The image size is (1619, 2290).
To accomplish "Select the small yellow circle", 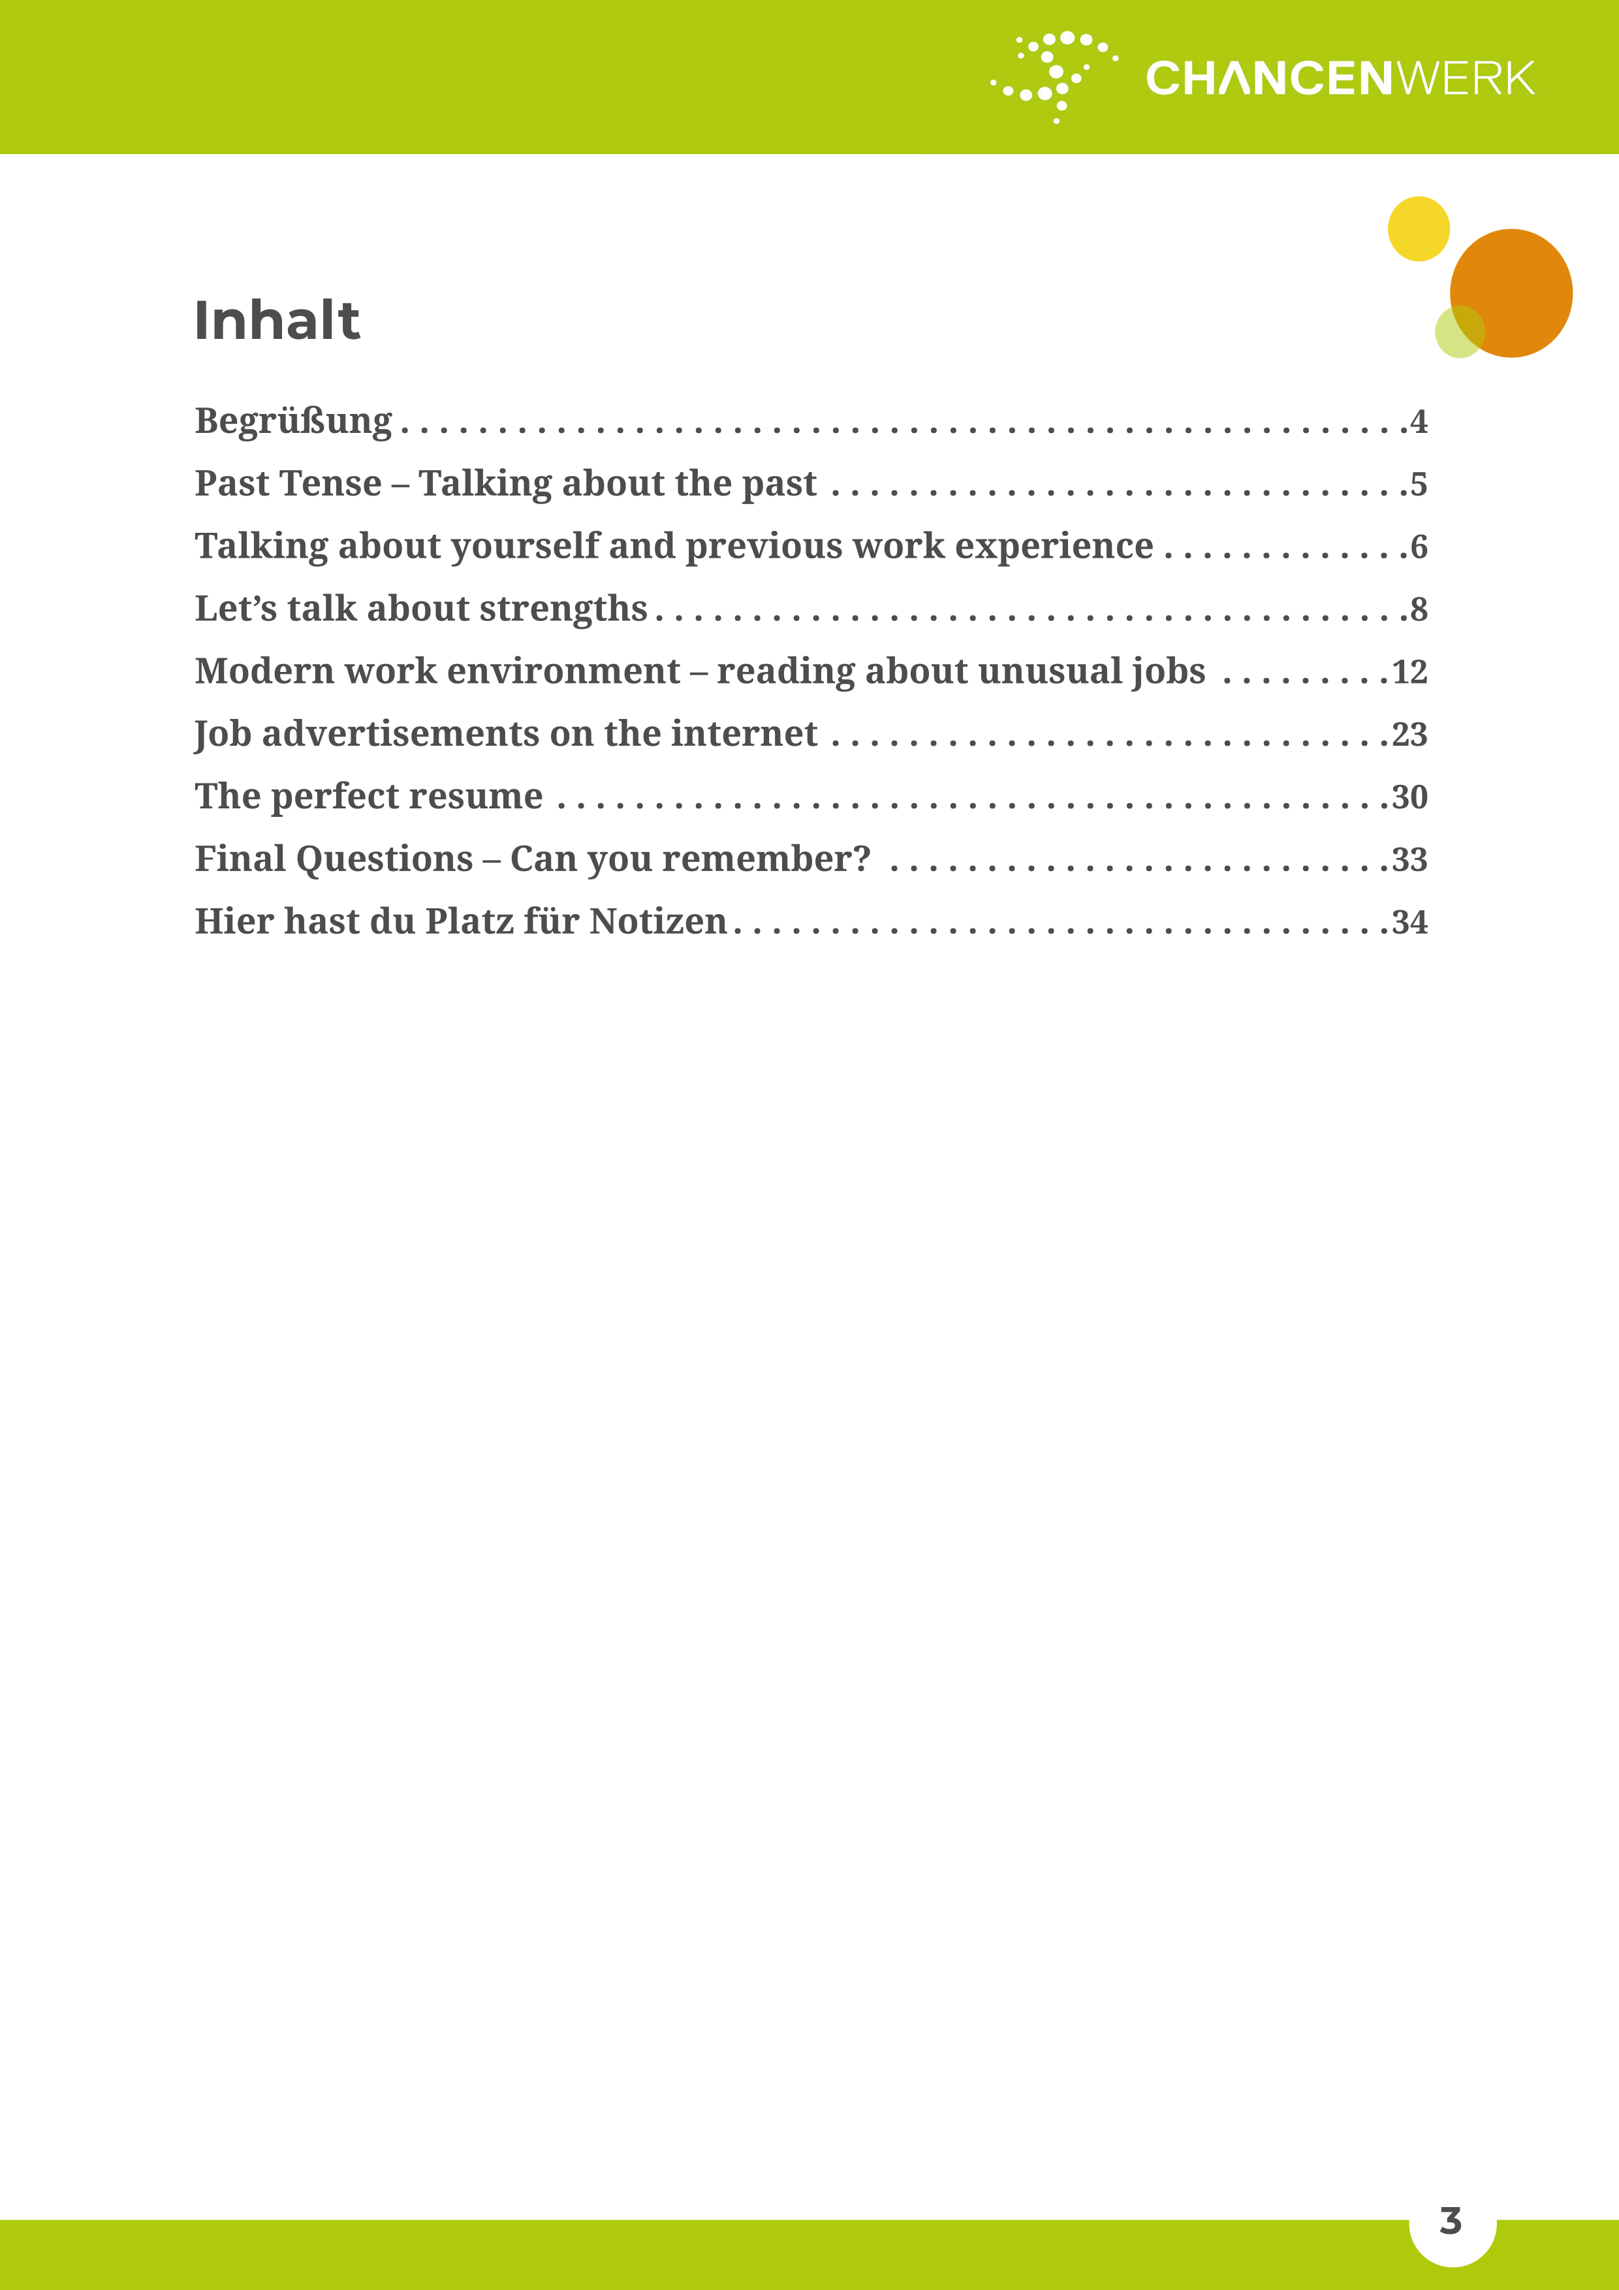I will (x=1418, y=229).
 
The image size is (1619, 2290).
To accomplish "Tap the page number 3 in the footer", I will (x=1451, y=2220).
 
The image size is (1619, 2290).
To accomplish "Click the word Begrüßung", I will (x=293, y=422).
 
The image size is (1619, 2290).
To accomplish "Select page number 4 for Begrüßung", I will (x=1418, y=422).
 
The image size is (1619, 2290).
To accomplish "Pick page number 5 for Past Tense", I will (x=1418, y=485).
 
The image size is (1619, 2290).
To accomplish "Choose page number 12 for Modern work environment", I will (x=1409, y=672).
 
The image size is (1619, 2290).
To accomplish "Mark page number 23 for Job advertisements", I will (x=1409, y=735).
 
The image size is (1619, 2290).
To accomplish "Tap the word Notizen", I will (x=658, y=921).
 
